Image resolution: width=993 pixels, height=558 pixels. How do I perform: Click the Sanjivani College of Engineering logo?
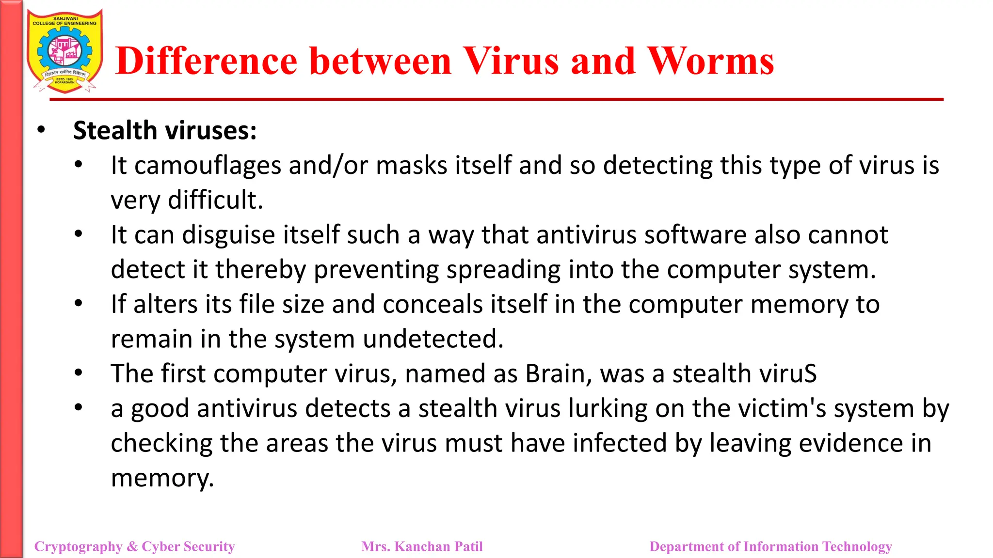point(65,51)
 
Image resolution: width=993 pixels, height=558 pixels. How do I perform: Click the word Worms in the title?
point(711,62)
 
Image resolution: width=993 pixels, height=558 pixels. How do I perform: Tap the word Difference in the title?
point(207,62)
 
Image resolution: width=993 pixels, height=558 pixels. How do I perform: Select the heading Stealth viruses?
point(165,131)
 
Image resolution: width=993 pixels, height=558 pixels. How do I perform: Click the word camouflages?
point(208,166)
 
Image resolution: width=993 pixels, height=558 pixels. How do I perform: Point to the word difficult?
point(215,200)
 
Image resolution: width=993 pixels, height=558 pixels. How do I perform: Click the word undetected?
point(433,339)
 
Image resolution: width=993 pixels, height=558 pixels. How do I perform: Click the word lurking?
point(608,408)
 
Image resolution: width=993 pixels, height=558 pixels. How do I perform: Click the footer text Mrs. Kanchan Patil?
point(422,546)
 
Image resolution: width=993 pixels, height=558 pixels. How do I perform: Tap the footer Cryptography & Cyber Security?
point(134,546)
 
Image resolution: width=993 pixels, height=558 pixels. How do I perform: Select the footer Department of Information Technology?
point(770,546)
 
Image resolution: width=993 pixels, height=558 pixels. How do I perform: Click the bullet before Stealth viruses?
point(41,130)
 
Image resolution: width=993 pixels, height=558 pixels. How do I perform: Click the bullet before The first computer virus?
point(79,372)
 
